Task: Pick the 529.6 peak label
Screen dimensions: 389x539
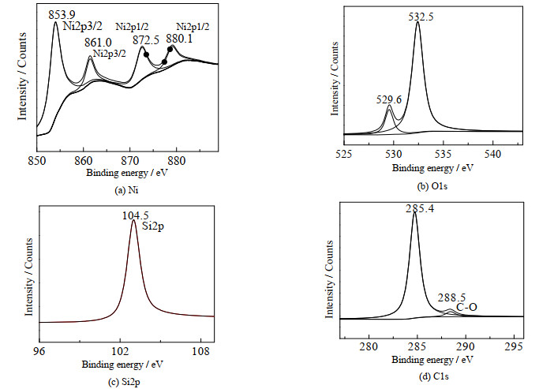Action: tap(387, 99)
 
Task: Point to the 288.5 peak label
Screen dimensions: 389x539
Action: tap(450, 298)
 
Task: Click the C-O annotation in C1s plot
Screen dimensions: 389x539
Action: tap(467, 308)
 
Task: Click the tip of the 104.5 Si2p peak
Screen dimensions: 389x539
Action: tap(134, 222)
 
